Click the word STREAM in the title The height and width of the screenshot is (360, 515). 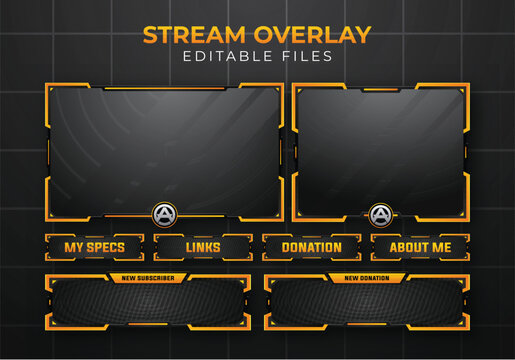[x=192, y=35]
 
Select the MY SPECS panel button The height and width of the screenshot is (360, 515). [x=94, y=247]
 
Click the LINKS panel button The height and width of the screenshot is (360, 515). [x=203, y=247]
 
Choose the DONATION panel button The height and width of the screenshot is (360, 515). [x=311, y=247]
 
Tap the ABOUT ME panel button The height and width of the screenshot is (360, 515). [x=420, y=247]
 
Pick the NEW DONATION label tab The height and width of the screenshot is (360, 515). [x=367, y=278]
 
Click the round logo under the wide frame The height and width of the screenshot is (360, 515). [x=163, y=213]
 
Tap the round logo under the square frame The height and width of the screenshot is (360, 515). [x=380, y=214]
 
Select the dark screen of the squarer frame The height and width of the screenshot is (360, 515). [x=380, y=148]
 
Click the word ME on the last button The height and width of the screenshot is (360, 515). [x=441, y=247]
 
